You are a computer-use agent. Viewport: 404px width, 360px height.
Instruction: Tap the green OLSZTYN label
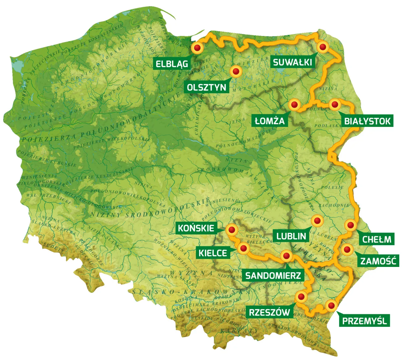click(x=207, y=87)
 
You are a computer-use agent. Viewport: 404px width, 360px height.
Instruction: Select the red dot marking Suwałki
click(x=323, y=47)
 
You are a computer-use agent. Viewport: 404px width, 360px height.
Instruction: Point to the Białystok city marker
click(x=335, y=104)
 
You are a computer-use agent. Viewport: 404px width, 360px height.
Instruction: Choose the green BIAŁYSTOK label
click(x=367, y=121)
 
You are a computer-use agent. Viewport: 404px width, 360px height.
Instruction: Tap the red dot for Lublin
click(x=317, y=221)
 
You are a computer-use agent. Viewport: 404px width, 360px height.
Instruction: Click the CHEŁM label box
click(x=377, y=239)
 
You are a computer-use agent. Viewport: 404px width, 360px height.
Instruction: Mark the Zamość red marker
click(x=347, y=250)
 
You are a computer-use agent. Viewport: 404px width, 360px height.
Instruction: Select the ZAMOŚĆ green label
click(x=378, y=261)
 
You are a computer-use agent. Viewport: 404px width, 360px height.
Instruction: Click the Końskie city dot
click(x=232, y=230)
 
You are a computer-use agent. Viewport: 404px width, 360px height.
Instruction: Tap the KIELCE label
click(x=213, y=253)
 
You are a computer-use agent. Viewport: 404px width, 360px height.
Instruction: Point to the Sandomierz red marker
click(x=286, y=256)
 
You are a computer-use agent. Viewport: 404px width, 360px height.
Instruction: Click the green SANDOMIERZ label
click(x=273, y=275)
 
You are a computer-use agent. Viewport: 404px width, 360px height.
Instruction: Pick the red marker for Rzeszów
click(x=301, y=296)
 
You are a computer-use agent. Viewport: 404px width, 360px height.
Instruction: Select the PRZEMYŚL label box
click(x=365, y=321)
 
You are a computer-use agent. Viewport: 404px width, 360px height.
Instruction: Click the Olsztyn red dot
click(x=235, y=71)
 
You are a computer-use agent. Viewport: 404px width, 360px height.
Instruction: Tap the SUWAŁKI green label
click(x=293, y=62)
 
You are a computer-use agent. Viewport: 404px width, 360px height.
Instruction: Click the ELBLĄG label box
click(x=172, y=64)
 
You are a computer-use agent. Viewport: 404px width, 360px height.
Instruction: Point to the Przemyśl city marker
click(x=331, y=305)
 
